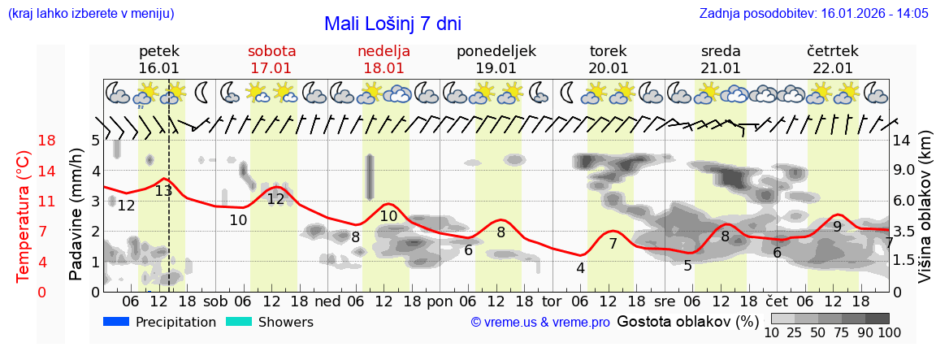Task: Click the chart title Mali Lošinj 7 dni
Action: click(392, 24)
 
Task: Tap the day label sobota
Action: click(271, 51)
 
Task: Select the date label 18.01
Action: click(383, 68)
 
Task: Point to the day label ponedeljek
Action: click(496, 51)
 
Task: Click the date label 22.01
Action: click(832, 68)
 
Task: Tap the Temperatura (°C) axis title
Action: click(24, 217)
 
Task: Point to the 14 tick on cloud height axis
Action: click(902, 141)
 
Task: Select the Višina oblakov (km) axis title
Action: click(924, 217)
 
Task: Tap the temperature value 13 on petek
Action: click(163, 191)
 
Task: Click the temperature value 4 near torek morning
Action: click(580, 268)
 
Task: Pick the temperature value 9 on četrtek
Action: click(837, 227)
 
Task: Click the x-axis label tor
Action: click(552, 300)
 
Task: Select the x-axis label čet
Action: click(778, 300)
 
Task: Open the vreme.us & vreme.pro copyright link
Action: click(540, 322)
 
